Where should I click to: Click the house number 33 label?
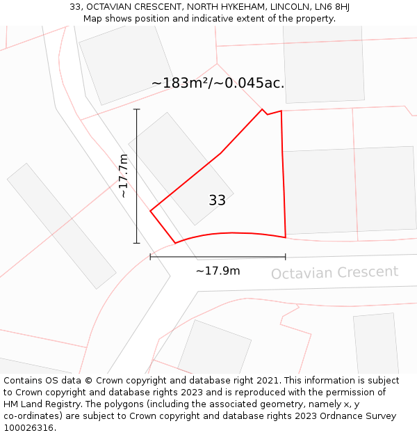click(217, 200)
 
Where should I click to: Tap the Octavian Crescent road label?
click(334, 272)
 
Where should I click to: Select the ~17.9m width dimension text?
click(218, 271)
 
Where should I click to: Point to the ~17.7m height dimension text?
click(123, 176)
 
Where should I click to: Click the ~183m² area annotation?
click(218, 83)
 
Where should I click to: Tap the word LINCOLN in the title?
click(281, 7)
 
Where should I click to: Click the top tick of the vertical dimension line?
click(136, 109)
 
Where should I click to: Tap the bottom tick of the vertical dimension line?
click(136, 243)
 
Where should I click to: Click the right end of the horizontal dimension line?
click(286, 257)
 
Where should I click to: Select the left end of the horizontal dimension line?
click(151, 257)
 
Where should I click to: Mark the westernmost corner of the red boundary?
click(151, 209)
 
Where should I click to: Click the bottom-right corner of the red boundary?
click(286, 237)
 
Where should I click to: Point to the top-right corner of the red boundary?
click(281, 111)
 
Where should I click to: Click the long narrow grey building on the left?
click(61, 226)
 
